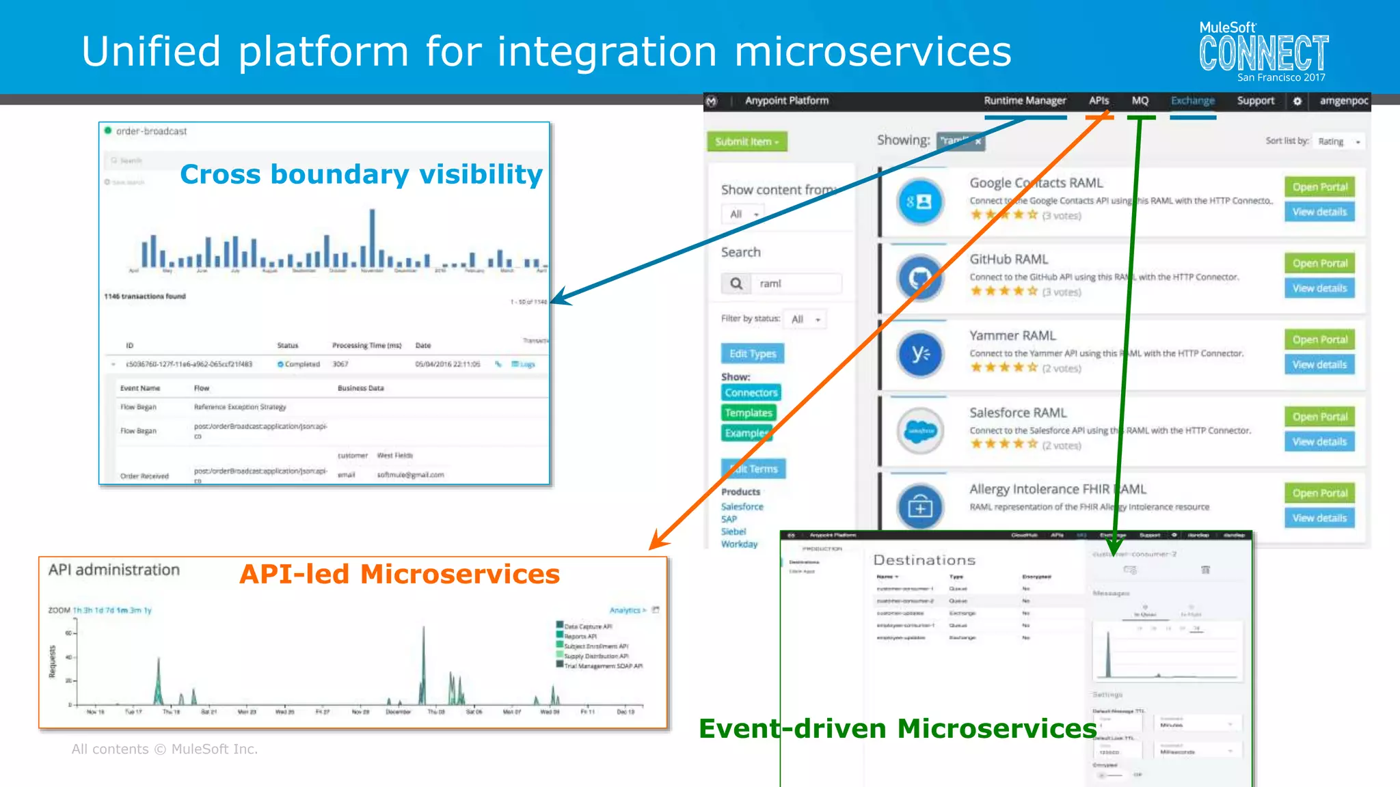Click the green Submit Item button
(746, 141)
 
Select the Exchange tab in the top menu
(1192, 100)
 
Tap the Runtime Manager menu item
(1024, 100)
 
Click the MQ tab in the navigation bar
(1140, 100)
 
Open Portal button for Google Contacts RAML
(1319, 187)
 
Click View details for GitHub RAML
(1319, 288)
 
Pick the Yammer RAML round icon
(920, 354)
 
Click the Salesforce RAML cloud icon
(920, 430)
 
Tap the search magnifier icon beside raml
(736, 284)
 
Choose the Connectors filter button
(751, 393)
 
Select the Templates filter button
(749, 413)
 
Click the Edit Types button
(753, 353)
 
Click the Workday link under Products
(739, 544)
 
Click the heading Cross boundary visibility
(361, 174)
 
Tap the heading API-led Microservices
(399, 574)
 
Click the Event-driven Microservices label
(897, 728)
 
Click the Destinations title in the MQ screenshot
(924, 560)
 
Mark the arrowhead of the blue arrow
(557, 299)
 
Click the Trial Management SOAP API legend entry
(602, 666)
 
